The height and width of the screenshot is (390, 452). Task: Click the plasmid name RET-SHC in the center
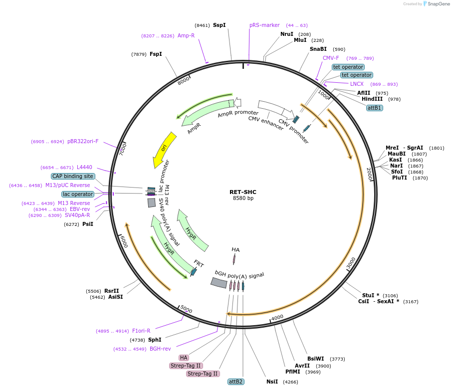(x=243, y=192)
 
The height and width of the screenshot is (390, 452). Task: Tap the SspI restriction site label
(x=220, y=25)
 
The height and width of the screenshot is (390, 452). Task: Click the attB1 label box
(x=374, y=108)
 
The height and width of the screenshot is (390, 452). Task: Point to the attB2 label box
(x=235, y=382)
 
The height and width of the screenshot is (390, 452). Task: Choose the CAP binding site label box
(x=73, y=176)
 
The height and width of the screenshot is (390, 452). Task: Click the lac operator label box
(x=78, y=194)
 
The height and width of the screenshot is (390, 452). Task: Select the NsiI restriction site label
(x=272, y=382)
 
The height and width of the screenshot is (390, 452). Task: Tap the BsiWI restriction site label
(x=316, y=359)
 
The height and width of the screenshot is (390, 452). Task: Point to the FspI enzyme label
(x=156, y=54)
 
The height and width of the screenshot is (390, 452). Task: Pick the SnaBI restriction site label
(x=318, y=49)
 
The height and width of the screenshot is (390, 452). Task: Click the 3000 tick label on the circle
(x=351, y=263)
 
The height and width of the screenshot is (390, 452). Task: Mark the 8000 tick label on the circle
(x=184, y=80)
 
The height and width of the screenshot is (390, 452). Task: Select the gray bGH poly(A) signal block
(x=219, y=283)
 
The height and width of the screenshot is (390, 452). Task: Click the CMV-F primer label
(x=331, y=58)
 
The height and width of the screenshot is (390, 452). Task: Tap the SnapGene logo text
(x=437, y=4)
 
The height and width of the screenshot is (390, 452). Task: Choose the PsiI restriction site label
(x=88, y=224)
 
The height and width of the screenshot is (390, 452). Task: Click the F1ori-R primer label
(x=141, y=331)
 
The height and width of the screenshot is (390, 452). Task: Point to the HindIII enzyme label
(x=372, y=99)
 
